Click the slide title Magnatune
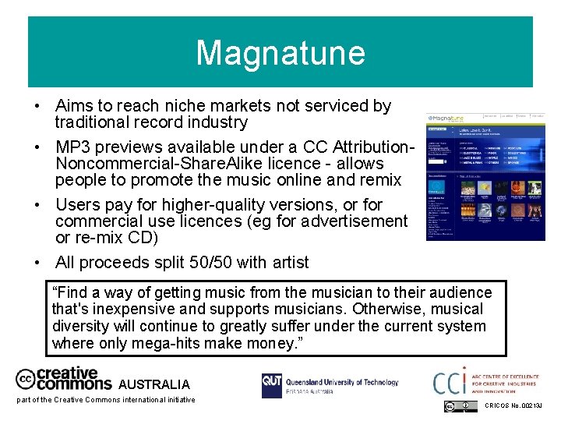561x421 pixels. point(280,53)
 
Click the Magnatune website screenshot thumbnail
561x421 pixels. point(485,176)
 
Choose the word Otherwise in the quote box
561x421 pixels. point(383,310)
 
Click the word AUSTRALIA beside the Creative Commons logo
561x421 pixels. point(153,384)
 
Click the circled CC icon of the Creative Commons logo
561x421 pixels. point(26,379)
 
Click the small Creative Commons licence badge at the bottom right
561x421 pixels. point(460,406)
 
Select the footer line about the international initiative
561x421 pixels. point(106,400)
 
